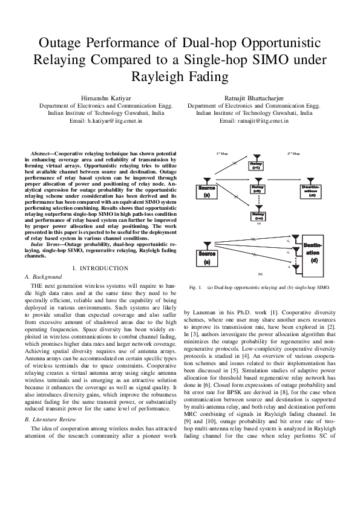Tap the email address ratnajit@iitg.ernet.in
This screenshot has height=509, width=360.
(x=254, y=121)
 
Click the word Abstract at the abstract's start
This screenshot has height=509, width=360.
(x=42, y=156)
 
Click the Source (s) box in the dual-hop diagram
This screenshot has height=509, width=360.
(x=207, y=192)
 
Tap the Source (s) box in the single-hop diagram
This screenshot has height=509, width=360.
(x=207, y=276)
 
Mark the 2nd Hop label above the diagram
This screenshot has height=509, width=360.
(x=293, y=154)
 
